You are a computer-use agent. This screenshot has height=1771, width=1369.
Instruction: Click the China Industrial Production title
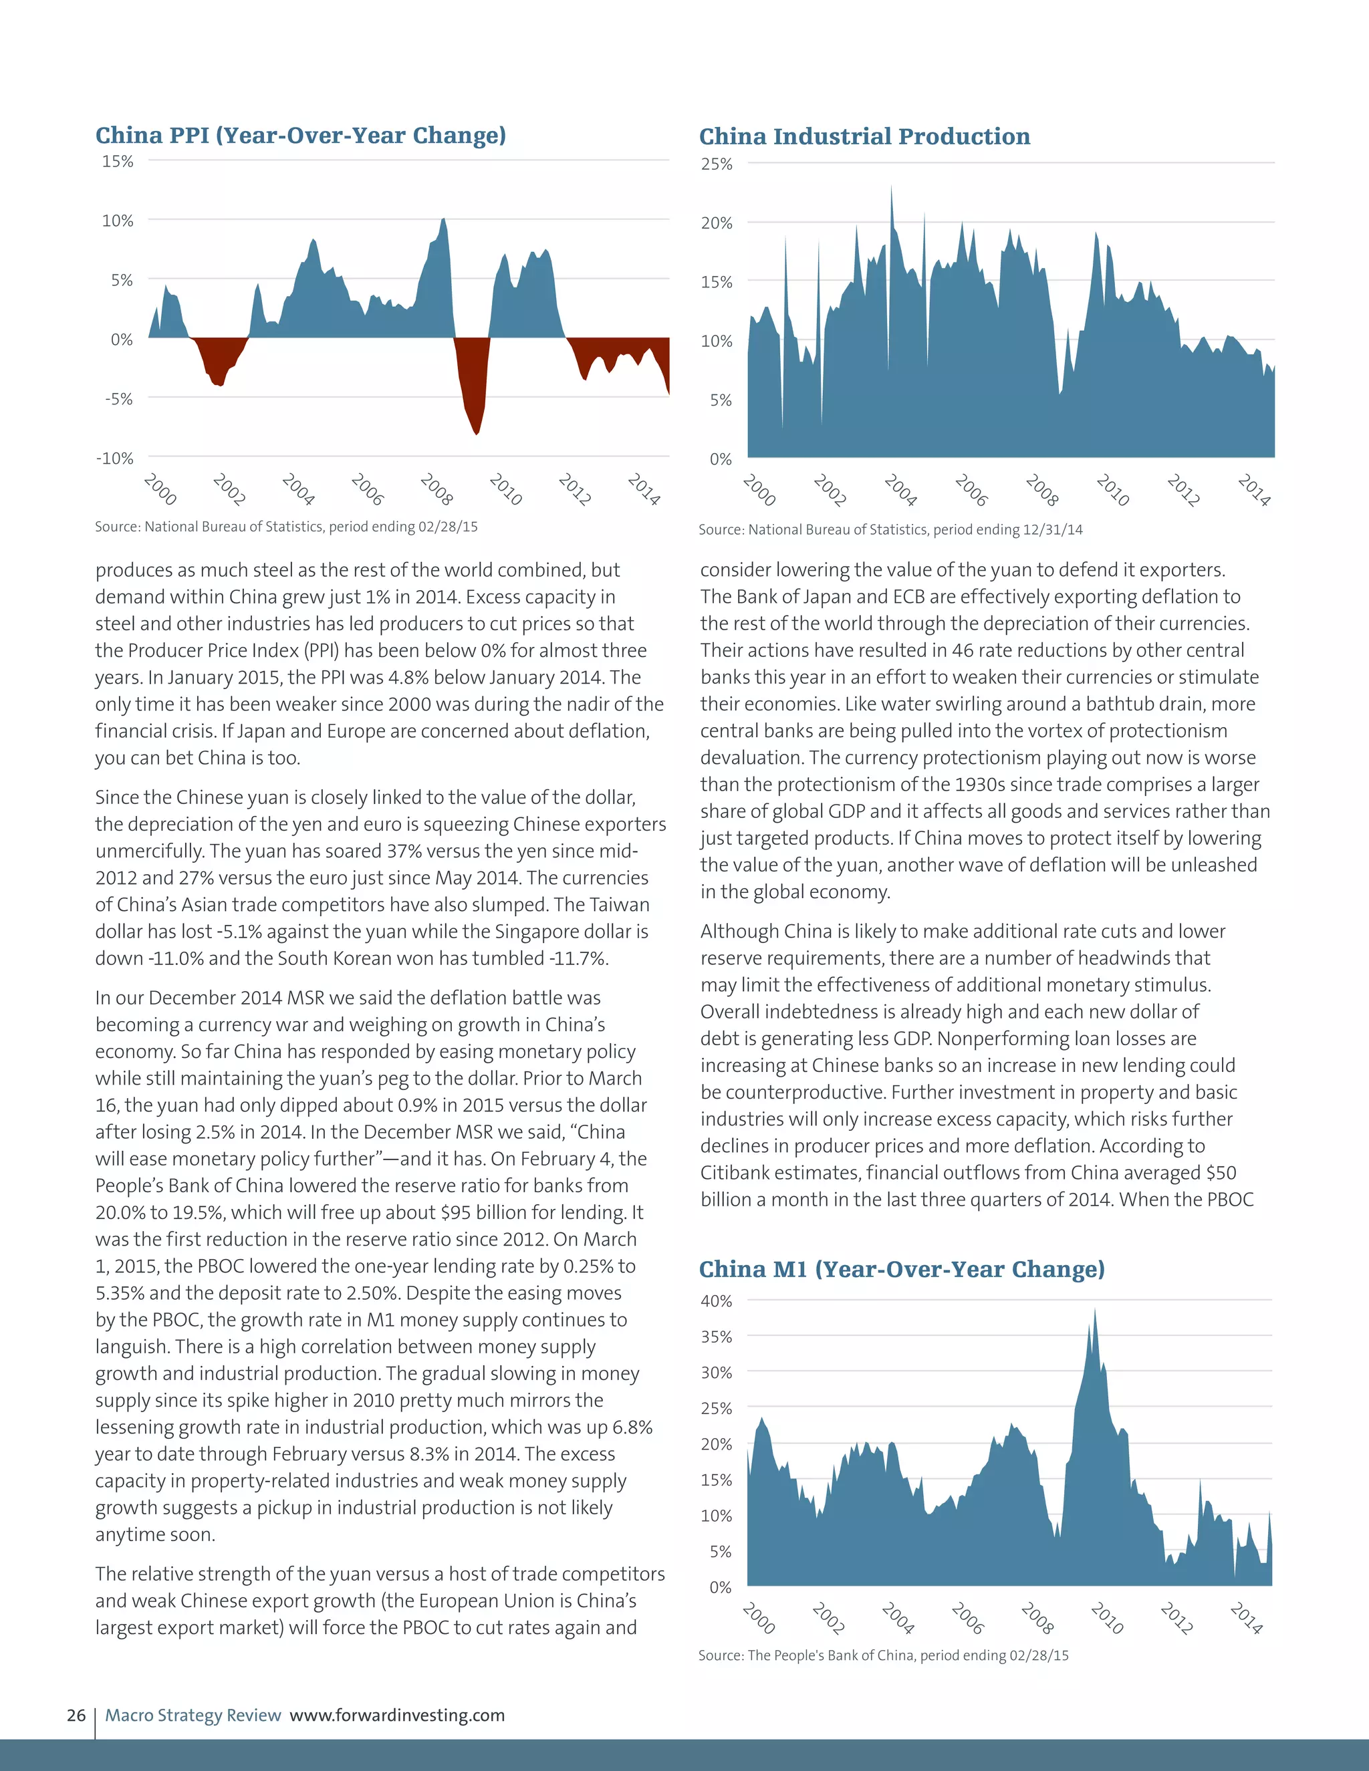coord(864,136)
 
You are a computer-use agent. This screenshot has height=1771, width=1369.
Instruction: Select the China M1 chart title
coord(902,1269)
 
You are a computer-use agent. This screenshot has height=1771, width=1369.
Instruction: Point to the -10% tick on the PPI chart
coord(115,458)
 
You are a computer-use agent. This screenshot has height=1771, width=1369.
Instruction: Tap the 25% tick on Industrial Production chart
coord(717,164)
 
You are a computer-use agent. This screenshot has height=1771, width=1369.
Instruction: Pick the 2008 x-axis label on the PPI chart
coord(437,490)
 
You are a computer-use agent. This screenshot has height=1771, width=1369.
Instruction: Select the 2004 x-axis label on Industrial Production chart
coord(900,491)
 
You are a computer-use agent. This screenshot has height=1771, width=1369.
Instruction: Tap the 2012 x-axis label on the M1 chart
coord(1175,1619)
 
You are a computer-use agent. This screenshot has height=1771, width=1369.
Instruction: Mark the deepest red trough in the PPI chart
coord(477,433)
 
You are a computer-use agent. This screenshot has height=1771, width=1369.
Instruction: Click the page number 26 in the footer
coord(76,1715)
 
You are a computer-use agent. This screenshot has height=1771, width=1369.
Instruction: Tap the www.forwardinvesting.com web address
coord(398,1715)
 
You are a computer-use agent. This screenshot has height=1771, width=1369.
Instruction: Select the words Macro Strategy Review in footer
coord(193,1715)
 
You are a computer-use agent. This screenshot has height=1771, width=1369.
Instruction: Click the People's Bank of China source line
coord(883,1655)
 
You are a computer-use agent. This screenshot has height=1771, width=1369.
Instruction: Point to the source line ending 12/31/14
coord(890,529)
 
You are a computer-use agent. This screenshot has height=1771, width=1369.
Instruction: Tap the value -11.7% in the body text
coord(578,958)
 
